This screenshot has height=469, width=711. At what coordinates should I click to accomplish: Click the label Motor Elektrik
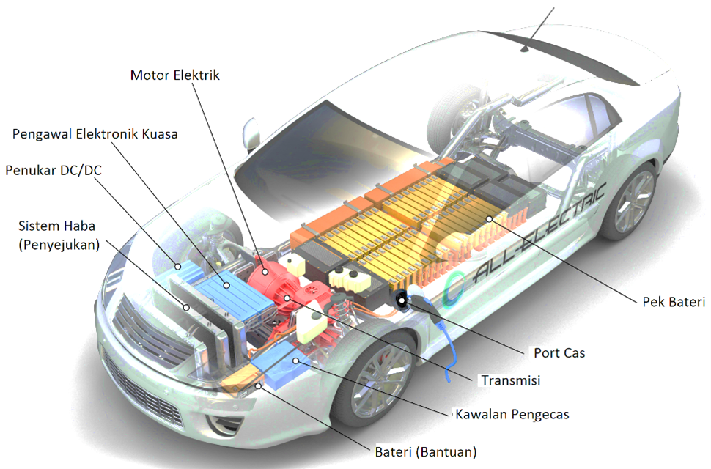[174, 75]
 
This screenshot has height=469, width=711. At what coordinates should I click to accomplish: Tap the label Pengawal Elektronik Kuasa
[95, 134]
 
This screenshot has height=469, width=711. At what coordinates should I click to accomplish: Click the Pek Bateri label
[673, 302]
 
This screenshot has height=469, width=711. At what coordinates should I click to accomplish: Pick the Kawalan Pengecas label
[512, 414]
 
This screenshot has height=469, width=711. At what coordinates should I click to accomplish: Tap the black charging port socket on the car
[402, 300]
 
